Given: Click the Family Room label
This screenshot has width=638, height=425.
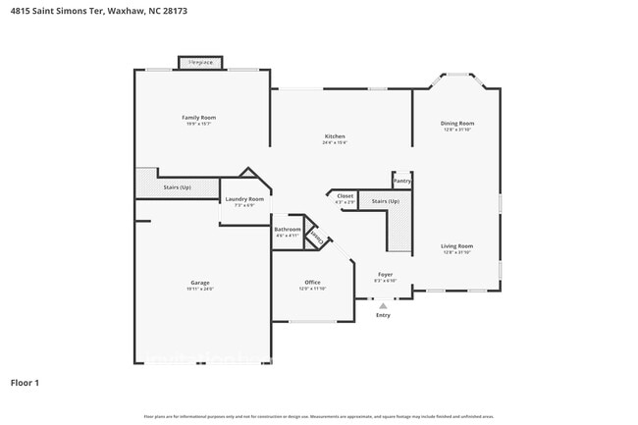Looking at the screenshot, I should point(198,117).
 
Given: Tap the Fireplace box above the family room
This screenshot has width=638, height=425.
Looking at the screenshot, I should point(200,62).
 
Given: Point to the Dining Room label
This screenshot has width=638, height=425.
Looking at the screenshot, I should point(457,123).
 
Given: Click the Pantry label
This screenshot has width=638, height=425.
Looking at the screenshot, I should point(402,181).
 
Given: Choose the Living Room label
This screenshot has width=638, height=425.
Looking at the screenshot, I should point(457,245).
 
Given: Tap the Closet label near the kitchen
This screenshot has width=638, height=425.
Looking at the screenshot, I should point(346,195).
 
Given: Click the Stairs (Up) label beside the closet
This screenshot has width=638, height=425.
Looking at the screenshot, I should point(385,201).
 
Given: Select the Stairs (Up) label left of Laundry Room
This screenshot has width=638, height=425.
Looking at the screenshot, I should point(177,186).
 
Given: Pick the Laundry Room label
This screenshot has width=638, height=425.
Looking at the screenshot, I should point(244,199).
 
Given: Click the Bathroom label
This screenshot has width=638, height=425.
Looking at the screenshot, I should point(288,230).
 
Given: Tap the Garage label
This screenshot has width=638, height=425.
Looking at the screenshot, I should point(199,283).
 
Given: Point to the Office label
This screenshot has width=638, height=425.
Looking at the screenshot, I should point(312,283).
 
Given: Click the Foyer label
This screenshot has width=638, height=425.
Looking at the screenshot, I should point(386,274).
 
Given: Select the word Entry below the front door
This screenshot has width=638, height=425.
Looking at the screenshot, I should point(383,315).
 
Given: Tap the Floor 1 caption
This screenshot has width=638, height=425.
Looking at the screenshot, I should point(27,382).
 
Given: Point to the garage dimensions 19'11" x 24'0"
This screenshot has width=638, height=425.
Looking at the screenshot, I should point(199,289).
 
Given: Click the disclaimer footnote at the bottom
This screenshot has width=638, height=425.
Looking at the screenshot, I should point(318,417).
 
